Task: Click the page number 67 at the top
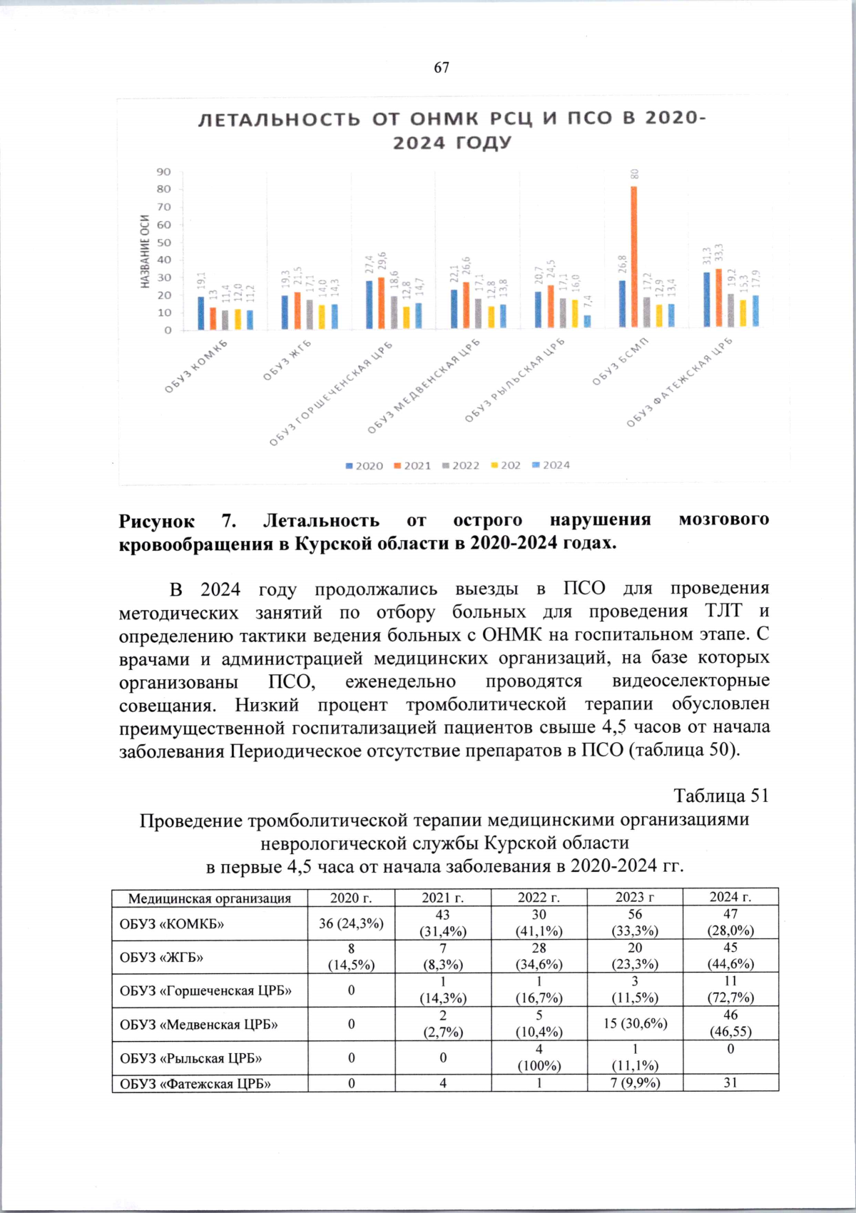[442, 67]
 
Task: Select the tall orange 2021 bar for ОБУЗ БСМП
[633, 257]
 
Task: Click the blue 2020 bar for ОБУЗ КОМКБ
[201, 313]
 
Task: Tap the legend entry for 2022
[461, 465]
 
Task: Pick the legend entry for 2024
[551, 465]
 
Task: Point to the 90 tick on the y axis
[164, 172]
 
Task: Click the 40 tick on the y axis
[164, 260]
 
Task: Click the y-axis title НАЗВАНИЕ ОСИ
[145, 251]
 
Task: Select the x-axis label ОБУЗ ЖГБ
[287, 360]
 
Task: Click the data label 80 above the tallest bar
[634, 174]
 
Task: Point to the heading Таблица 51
[720, 796]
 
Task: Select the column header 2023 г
[635, 897]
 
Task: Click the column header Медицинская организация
[210, 898]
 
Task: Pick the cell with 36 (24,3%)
[351, 923]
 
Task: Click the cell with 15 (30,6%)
[635, 1023]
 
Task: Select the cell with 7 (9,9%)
[635, 1082]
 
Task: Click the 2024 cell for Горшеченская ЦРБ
[730, 990]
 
